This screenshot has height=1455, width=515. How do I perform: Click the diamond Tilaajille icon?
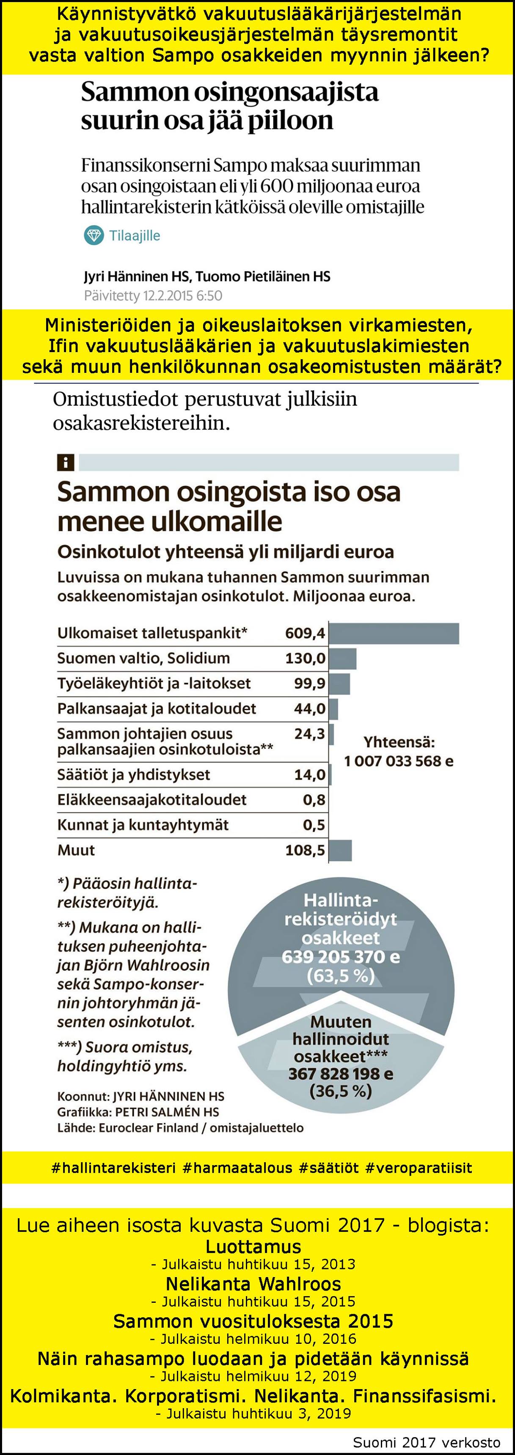click(94, 235)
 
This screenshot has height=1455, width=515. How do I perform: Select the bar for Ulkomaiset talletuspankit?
click(394, 633)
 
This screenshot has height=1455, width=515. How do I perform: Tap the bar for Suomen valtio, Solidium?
click(343, 659)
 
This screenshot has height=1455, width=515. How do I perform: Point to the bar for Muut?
click(340, 850)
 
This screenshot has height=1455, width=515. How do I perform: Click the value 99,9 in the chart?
click(310, 684)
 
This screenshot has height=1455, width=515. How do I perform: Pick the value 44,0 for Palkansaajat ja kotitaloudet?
click(310, 709)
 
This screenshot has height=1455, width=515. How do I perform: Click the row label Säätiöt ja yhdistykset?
click(133, 775)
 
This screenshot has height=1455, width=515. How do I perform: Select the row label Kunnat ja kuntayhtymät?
click(143, 825)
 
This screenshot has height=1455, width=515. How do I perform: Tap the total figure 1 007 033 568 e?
click(399, 761)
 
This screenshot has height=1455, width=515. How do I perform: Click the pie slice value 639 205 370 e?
click(341, 957)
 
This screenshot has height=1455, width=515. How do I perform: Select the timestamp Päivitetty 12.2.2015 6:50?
click(153, 295)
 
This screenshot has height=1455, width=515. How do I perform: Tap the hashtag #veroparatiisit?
click(419, 1168)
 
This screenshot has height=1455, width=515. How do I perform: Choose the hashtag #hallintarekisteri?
click(113, 1168)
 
